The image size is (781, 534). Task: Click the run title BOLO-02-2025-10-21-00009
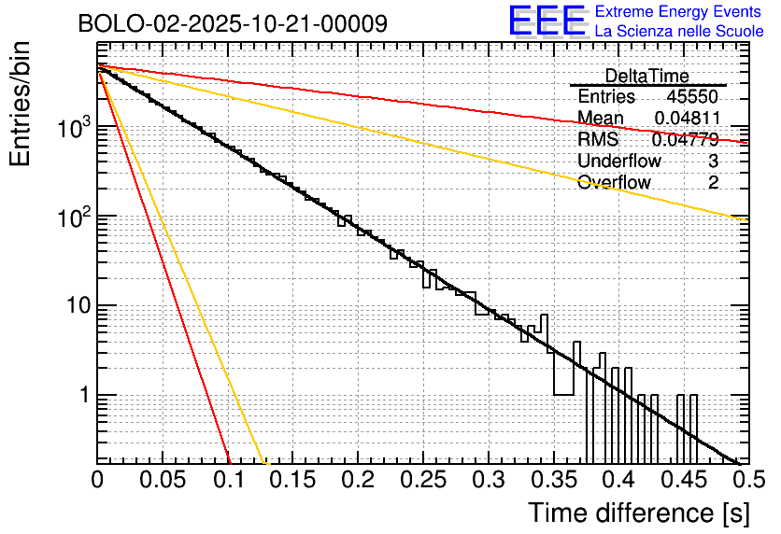pos(233,24)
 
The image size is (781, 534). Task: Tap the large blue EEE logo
pos(547,22)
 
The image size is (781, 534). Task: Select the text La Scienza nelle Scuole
pos(680,32)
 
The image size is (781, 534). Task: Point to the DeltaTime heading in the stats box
pos(647,76)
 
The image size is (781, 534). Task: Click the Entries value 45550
pos(692,97)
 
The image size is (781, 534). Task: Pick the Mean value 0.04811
pos(687,119)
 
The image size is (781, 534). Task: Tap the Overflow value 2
pos(713,183)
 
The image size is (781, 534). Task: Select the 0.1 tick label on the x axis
pos(228,481)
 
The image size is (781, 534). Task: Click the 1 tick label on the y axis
pos(83,395)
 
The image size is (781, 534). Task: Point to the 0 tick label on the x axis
pos(98,481)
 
